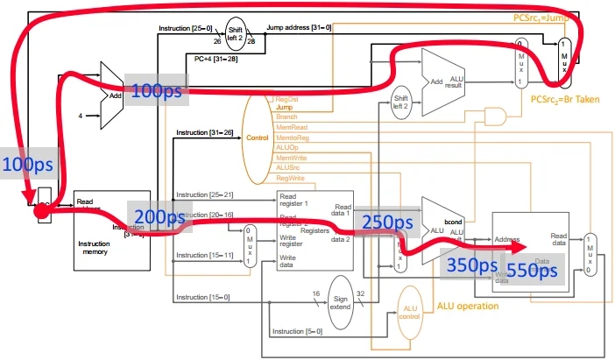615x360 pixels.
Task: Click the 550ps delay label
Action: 532,272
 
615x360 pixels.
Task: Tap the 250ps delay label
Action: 388,223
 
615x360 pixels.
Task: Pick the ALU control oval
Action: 409,315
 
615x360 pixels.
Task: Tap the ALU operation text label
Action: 468,307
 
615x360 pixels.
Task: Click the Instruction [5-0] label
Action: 298,331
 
